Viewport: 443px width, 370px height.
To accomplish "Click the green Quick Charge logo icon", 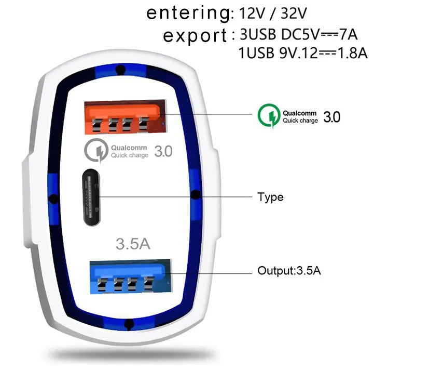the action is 269,115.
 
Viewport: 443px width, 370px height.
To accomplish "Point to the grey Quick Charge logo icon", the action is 95,151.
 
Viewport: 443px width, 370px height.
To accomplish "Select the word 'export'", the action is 195,36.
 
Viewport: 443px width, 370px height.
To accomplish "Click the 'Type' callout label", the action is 270,197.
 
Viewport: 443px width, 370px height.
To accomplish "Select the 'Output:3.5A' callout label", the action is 289,271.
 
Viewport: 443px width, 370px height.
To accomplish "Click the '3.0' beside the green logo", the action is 331,116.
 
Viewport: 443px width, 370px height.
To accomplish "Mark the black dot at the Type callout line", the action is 196,195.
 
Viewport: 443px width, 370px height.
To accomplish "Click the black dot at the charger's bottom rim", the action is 128,325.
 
